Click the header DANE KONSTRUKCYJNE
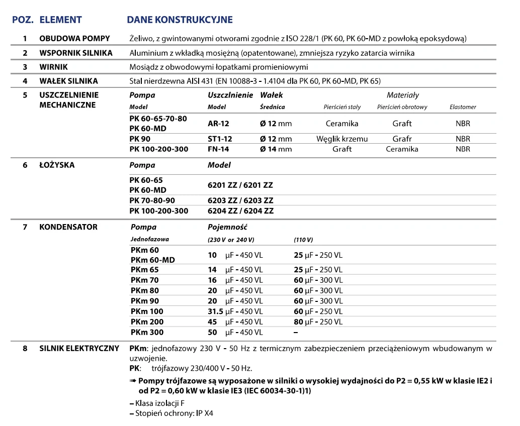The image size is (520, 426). [180, 20]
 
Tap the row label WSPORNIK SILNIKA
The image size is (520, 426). [75, 53]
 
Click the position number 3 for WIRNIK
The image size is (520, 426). [25, 67]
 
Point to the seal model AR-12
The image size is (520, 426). [218, 124]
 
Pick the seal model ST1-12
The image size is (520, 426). [220, 139]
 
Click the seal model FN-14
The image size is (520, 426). [219, 149]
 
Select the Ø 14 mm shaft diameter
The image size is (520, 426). [276, 149]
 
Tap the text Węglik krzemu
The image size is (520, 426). [342, 139]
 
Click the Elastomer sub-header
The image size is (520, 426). [463, 107]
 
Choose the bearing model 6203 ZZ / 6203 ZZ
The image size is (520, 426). [240, 200]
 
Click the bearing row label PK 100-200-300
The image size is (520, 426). [158, 211]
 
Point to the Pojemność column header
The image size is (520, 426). [227, 227]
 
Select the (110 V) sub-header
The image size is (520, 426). [303, 240]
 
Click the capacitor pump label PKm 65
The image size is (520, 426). [144, 270]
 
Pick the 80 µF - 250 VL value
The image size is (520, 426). [318, 322]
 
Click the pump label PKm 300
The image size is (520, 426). [147, 333]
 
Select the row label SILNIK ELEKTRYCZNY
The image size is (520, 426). [79, 348]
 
